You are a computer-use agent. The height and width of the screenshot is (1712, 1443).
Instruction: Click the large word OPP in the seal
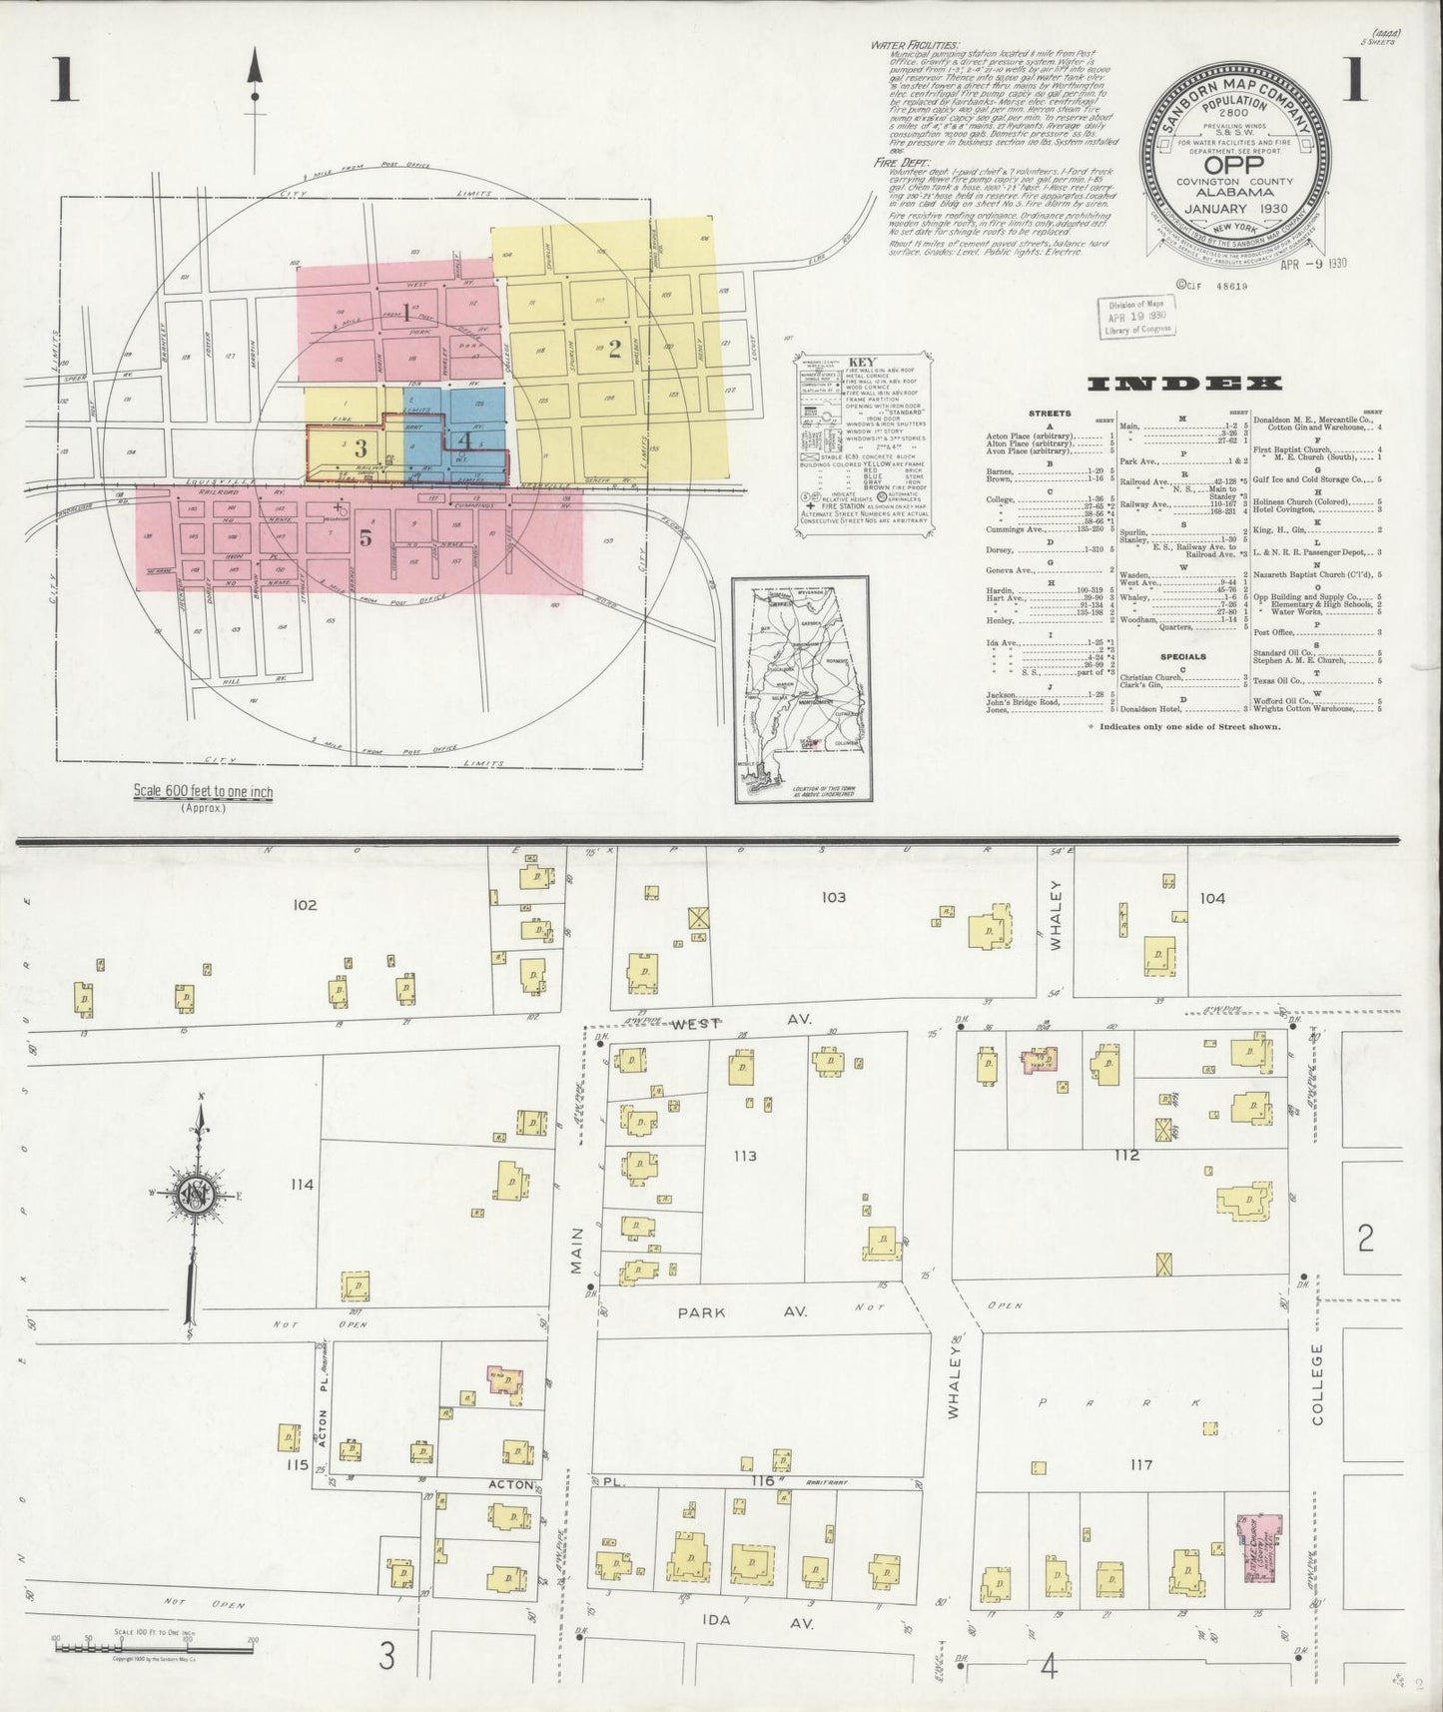coord(1234,165)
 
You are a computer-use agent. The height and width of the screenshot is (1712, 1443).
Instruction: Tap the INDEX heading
coord(1185,383)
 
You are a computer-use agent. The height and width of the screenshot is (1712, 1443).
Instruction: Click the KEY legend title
coord(862,363)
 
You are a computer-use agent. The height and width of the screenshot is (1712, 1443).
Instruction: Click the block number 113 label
coord(744,1156)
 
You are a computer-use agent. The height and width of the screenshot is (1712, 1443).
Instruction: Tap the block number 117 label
coord(1141,1464)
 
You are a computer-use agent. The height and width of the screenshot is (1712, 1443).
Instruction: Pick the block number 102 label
coord(305,905)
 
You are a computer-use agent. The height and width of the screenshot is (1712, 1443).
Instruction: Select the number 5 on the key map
coord(365,537)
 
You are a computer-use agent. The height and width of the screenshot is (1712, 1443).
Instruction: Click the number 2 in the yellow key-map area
coord(615,349)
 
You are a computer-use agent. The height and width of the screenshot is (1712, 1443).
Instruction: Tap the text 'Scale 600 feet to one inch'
coord(204,792)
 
